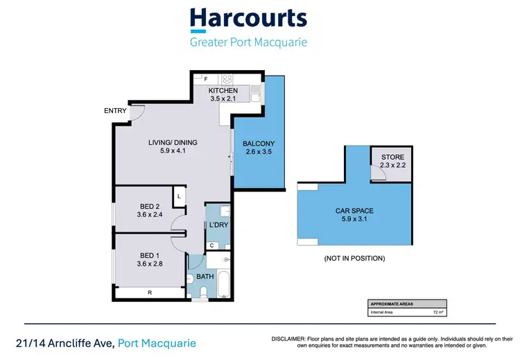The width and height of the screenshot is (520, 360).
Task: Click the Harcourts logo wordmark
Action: tap(248, 19)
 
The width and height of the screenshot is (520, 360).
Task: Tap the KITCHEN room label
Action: tap(223, 91)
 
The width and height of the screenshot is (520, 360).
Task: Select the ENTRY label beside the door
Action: tap(115, 110)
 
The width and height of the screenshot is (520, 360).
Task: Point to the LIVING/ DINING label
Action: tap(173, 143)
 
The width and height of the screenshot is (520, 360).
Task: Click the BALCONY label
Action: tap(259, 144)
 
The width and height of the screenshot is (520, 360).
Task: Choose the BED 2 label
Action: tap(150, 207)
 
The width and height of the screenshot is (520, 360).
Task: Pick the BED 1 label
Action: tap(150, 255)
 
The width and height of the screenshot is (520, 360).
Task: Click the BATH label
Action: tap(206, 277)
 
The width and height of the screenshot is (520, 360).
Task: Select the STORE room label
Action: tap(392, 157)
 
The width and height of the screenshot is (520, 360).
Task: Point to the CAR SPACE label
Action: tap(354, 212)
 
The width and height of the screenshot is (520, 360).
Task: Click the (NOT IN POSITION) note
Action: tap(354, 259)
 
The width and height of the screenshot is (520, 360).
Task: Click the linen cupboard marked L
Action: tap(179, 197)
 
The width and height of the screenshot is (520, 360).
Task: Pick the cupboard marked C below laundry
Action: tap(211, 246)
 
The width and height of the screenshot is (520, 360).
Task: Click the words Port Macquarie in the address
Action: tap(157, 343)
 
